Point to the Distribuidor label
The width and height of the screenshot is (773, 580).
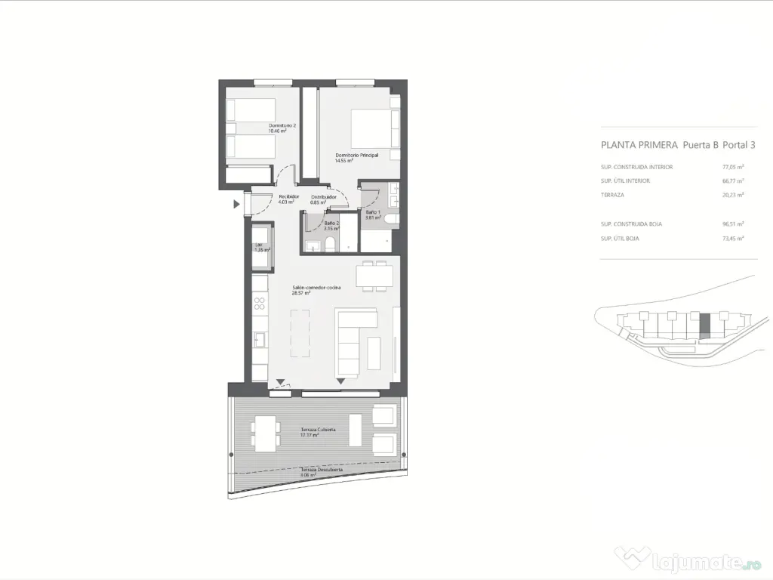[x=323, y=196]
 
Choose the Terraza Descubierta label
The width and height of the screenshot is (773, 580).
[x=322, y=470]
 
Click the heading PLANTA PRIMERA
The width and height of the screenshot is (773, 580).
[x=639, y=144]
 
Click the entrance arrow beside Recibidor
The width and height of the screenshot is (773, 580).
[x=237, y=204]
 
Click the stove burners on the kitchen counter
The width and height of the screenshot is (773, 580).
[x=260, y=304]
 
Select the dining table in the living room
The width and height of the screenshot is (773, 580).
[x=375, y=276]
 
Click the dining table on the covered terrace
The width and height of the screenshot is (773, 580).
[x=265, y=434]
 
